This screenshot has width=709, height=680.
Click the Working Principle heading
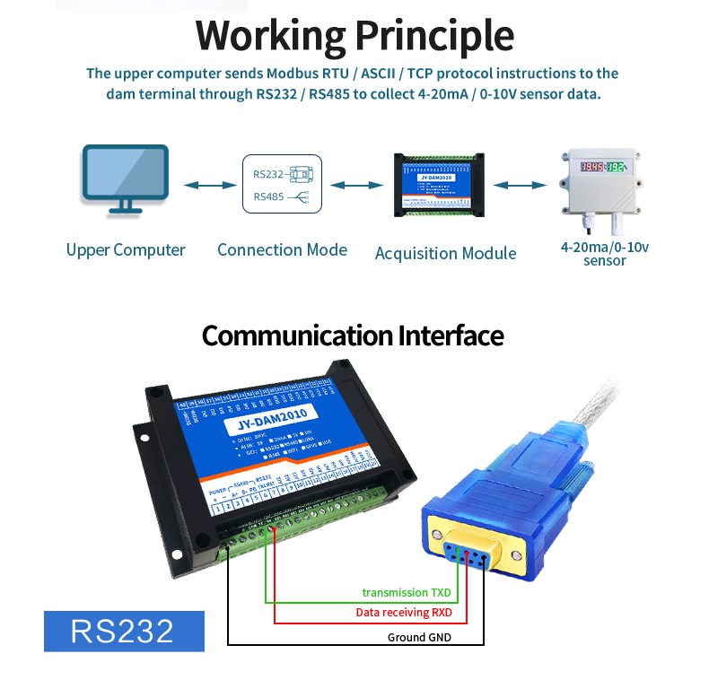(x=354, y=36)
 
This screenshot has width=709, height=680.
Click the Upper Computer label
(x=126, y=250)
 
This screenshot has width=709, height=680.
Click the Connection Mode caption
(x=282, y=250)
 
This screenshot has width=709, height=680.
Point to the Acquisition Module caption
(x=445, y=253)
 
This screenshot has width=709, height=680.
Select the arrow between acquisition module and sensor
(x=520, y=186)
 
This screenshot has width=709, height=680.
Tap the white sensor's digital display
(x=602, y=167)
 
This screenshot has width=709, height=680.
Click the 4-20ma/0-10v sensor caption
(x=604, y=253)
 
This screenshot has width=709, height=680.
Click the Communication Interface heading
(x=353, y=336)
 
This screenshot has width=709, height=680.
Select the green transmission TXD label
(x=406, y=592)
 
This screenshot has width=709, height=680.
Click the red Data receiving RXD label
(x=404, y=613)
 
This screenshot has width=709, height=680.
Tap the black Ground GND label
(x=419, y=637)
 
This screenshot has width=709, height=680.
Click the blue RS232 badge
(x=124, y=631)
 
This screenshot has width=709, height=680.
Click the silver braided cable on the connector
(x=619, y=403)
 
